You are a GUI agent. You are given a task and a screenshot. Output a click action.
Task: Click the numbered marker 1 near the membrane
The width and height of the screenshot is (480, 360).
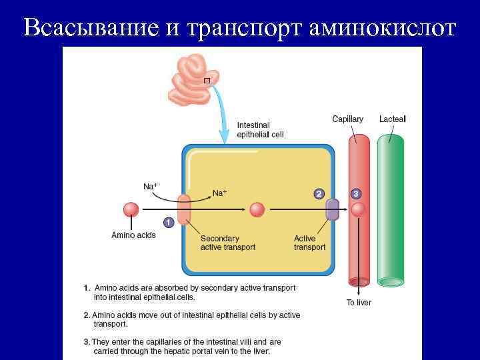pyautogui.click(x=168, y=223)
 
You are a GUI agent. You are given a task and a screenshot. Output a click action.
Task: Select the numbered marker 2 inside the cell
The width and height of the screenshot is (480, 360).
pyautogui.click(x=319, y=193)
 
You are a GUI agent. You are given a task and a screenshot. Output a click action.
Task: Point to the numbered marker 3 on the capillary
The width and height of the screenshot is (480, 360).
pyautogui.click(x=357, y=193)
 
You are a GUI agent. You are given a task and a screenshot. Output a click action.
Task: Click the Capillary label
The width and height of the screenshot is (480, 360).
pyautogui.click(x=348, y=119)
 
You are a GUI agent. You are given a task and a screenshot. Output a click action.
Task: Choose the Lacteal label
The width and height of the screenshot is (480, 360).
pyautogui.click(x=392, y=119)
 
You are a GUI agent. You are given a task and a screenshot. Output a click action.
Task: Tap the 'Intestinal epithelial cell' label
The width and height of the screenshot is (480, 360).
pyautogui.click(x=260, y=129)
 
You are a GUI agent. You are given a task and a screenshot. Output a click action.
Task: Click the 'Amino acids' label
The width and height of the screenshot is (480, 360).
pyautogui.click(x=133, y=235)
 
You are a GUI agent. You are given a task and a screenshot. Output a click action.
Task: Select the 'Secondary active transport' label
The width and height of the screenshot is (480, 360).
pyautogui.click(x=228, y=243)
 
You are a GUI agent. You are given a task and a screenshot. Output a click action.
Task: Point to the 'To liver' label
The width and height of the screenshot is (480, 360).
pyautogui.click(x=359, y=303)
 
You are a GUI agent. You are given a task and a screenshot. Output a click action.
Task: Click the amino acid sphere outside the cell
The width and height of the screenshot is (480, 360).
pyautogui.click(x=131, y=210)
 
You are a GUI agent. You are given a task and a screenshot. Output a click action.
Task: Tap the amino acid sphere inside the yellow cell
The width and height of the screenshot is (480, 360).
pyautogui.click(x=257, y=210)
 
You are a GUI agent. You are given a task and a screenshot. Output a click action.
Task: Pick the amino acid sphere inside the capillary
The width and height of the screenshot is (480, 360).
pyautogui.click(x=359, y=210)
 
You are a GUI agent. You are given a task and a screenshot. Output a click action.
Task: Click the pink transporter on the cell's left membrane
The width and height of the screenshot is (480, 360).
pyautogui.click(x=184, y=209)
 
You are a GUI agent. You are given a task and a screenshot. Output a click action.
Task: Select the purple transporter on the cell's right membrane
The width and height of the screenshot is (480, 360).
pyautogui.click(x=332, y=210)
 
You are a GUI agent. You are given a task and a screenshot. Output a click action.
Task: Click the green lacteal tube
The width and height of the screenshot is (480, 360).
pyautogui.click(x=391, y=207)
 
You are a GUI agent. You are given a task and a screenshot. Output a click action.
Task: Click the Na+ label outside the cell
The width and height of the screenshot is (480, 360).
pyautogui.click(x=151, y=186)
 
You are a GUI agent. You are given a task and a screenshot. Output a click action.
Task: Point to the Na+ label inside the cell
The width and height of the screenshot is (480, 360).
pyautogui.click(x=219, y=193)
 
